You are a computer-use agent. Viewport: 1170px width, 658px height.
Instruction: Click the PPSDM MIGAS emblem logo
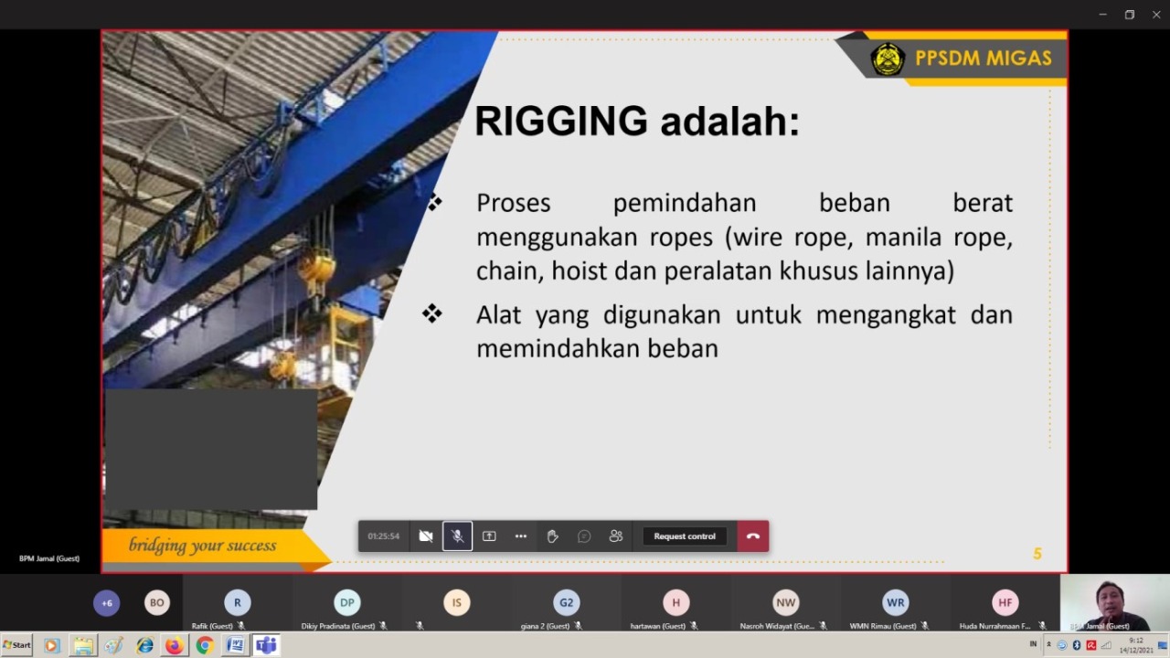[887, 59]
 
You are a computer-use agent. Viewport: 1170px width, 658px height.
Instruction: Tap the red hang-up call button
[752, 536]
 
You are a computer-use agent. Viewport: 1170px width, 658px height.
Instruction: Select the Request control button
[685, 536]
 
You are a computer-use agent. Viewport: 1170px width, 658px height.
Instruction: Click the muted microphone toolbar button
[457, 536]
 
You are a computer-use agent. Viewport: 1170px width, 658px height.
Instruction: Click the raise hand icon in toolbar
[552, 536]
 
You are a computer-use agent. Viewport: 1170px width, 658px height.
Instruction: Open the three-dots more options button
[520, 536]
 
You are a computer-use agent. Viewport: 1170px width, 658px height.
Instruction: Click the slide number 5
[1037, 554]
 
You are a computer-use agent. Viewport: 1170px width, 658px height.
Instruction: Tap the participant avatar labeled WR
[895, 602]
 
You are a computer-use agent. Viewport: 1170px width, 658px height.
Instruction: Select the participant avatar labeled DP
[346, 602]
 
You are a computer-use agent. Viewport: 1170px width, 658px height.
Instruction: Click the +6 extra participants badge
[106, 602]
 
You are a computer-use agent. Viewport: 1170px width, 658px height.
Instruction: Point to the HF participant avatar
[1005, 602]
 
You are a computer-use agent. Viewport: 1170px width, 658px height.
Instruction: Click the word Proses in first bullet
[514, 203]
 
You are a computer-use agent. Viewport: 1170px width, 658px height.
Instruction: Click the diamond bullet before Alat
[431, 314]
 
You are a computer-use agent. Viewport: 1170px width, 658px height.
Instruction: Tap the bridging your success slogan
[202, 546]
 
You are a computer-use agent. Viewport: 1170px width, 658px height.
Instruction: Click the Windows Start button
[16, 645]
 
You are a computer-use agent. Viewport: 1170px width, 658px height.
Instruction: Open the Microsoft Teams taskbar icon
[266, 645]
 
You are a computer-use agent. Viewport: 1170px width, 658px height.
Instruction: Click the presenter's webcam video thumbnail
[1113, 603]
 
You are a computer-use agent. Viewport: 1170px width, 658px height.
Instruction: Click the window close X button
[1155, 15]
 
